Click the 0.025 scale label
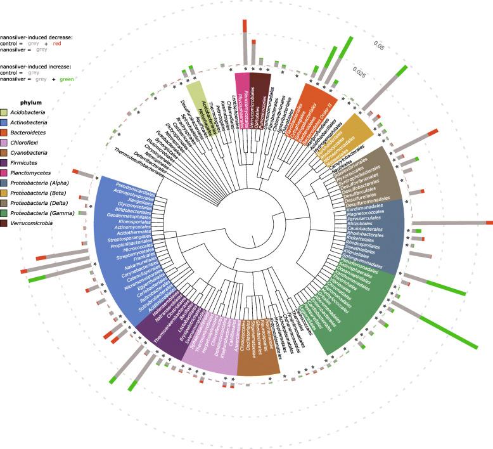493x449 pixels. pyautogui.click(x=360, y=72)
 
